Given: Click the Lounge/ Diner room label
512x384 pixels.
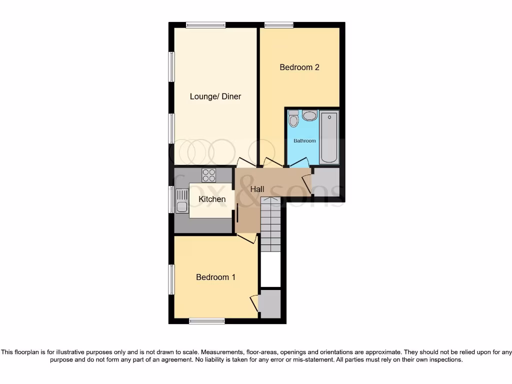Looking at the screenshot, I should coord(215,96).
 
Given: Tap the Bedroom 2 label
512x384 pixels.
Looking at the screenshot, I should coord(299,67).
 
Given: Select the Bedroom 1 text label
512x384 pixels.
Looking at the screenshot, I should coord(215,277).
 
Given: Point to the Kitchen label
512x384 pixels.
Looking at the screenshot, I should coord(212,199).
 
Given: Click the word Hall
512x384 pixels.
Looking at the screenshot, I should coord(257,189).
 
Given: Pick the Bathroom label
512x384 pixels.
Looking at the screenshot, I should coord(304,141).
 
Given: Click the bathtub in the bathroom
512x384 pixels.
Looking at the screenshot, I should coord(329,138).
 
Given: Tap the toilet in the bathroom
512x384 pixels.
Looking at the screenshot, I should coord(293,118).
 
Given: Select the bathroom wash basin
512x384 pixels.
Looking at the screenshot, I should coord(309,116).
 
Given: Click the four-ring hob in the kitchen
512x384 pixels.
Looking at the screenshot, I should coord(209,175).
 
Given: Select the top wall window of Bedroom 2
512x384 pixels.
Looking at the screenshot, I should coord(279,25).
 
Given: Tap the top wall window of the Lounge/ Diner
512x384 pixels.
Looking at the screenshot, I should coord(205,25).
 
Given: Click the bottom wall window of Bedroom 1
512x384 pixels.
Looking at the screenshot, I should coord(206,321).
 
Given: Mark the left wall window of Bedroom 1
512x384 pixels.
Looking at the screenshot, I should coord(171,279).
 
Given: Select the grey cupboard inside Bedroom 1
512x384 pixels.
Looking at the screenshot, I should coord(270,303).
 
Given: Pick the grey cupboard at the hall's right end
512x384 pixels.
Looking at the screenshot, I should coord(325,181).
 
